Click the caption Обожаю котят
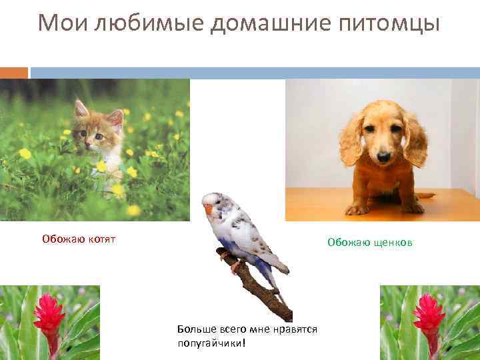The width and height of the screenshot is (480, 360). click(79, 239)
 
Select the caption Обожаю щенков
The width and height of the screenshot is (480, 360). click(369, 243)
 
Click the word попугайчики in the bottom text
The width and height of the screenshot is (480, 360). click(210, 343)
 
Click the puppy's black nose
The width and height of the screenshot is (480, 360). click(383, 157)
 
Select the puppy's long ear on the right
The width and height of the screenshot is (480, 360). click(415, 140)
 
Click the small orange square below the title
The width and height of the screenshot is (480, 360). click(14, 73)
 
